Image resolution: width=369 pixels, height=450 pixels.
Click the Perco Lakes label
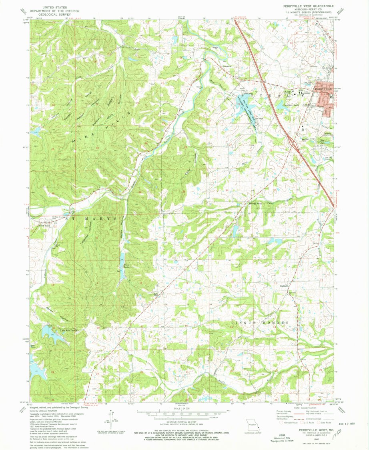127,266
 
